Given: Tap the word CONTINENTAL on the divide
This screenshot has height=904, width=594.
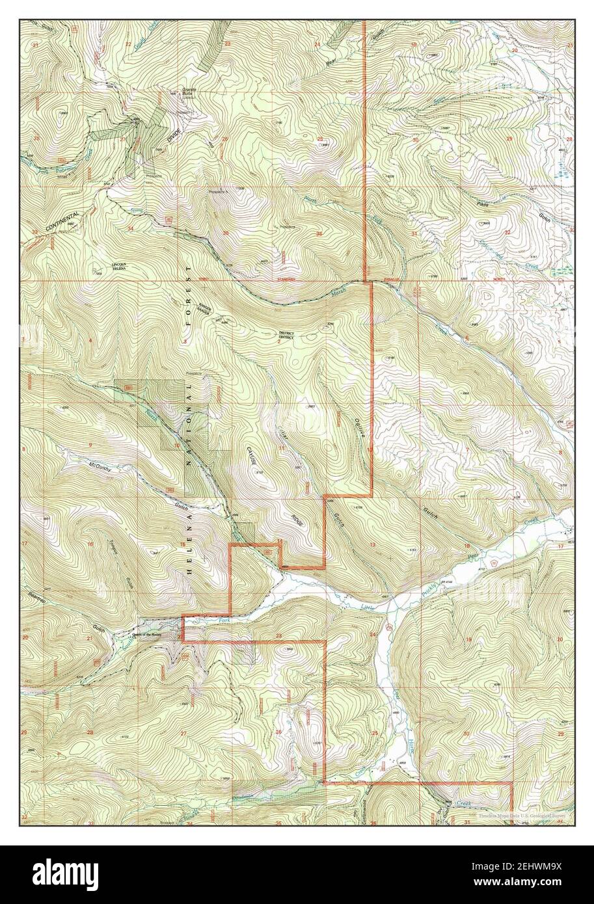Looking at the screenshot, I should pos(62,222).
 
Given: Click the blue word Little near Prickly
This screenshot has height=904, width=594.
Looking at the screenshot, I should pos(368,606).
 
